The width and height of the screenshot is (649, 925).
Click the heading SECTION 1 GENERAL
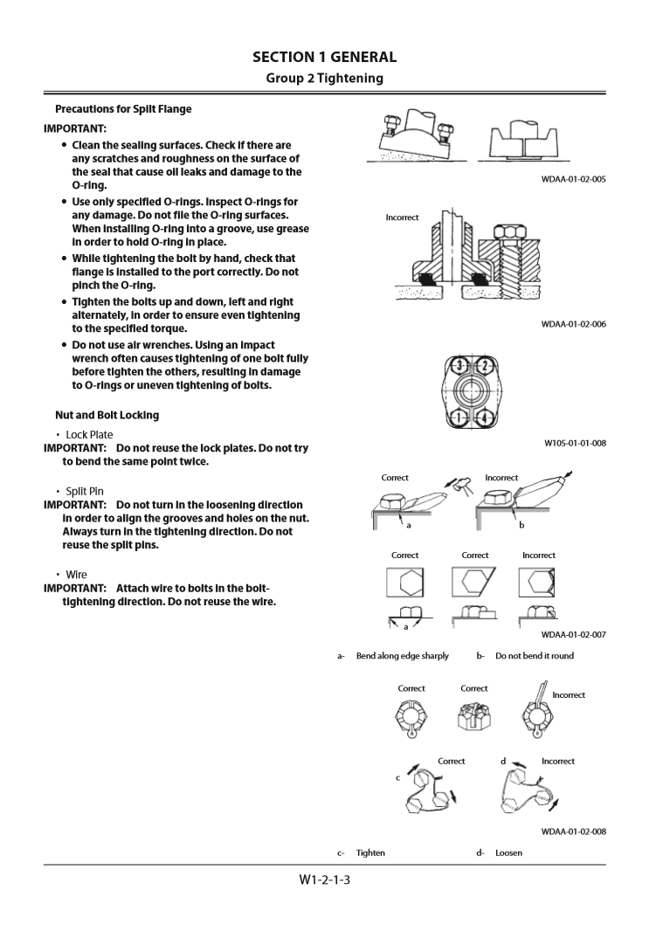(324, 58)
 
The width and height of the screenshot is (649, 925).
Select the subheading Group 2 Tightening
(324, 79)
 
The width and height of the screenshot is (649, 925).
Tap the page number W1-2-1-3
(324, 880)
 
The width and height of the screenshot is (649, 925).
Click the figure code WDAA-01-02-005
(573, 179)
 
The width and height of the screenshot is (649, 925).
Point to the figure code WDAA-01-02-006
(573, 324)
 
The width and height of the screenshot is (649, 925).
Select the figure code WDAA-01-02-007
(573, 635)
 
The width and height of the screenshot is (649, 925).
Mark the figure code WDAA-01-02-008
(573, 832)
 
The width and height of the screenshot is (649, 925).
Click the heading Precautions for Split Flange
(123, 109)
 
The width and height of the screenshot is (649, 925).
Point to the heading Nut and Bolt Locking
(107, 415)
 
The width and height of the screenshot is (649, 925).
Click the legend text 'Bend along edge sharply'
(403, 656)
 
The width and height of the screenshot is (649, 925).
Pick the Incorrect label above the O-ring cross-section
(402, 217)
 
